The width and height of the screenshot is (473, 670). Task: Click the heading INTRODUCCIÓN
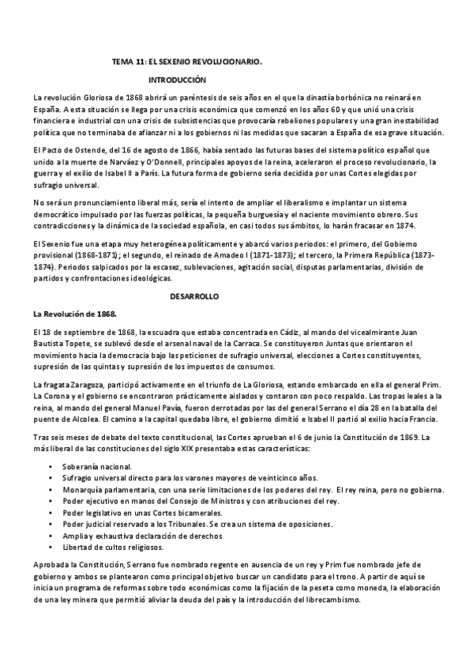click(x=177, y=80)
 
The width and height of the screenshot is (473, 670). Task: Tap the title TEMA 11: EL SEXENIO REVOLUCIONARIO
click(x=186, y=61)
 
